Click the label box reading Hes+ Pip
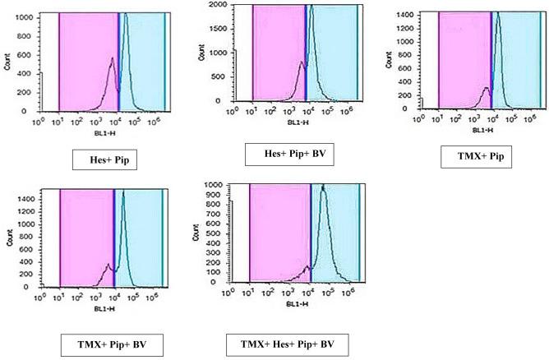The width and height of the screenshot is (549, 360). click(104, 160)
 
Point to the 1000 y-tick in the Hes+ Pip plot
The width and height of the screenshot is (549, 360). click(23, 17)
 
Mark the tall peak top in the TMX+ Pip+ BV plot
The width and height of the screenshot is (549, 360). click(122, 193)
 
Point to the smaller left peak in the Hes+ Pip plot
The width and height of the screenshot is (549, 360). click(112, 58)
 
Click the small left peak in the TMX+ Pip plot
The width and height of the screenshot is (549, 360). click(486, 88)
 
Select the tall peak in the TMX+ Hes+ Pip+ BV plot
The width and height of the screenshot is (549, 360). click(323, 186)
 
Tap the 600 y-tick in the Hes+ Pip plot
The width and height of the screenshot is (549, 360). click(26, 54)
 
